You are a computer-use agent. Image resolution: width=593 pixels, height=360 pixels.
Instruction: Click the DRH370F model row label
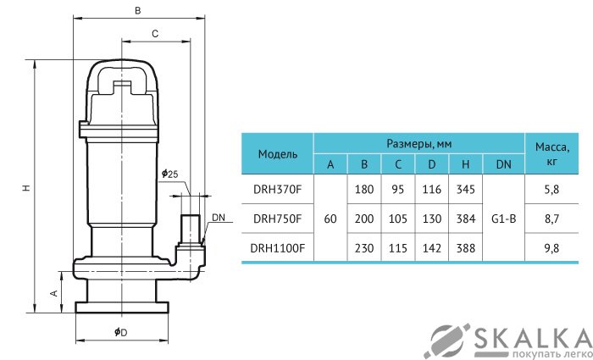pyautogui.click(x=278, y=190)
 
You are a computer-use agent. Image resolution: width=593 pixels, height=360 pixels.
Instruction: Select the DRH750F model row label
pyautogui.click(x=278, y=219)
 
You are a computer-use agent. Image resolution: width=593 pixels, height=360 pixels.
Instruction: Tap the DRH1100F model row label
pyautogui.click(x=278, y=247)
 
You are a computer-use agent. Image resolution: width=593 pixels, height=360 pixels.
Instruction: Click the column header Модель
pyautogui.click(x=278, y=154)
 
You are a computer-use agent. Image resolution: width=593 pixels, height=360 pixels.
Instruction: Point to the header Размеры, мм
pyautogui.click(x=418, y=143)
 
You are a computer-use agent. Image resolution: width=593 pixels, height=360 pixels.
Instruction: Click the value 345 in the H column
pyautogui.click(x=465, y=190)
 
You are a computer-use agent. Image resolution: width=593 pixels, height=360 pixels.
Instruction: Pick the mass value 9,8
pyautogui.click(x=551, y=247)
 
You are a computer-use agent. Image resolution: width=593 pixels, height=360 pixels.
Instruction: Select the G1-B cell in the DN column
pyautogui.click(x=503, y=219)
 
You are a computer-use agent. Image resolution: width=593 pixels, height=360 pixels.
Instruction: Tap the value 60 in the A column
pyautogui.click(x=330, y=219)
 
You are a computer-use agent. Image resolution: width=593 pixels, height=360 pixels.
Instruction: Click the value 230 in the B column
pyautogui.click(x=364, y=247)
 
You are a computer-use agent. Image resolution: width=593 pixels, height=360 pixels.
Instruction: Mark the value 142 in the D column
pyautogui.click(x=432, y=247)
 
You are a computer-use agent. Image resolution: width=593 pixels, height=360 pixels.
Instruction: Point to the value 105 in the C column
pyautogui.click(x=398, y=219)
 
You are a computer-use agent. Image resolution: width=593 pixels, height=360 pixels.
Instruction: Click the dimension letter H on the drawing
pyautogui.click(x=26, y=190)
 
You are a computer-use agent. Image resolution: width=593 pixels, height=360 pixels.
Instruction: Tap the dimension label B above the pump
pyautogui.click(x=138, y=11)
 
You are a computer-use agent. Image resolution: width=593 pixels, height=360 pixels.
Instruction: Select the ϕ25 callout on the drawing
pyautogui.click(x=169, y=174)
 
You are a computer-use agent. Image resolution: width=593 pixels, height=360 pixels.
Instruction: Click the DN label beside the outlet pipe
pyautogui.click(x=219, y=218)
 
